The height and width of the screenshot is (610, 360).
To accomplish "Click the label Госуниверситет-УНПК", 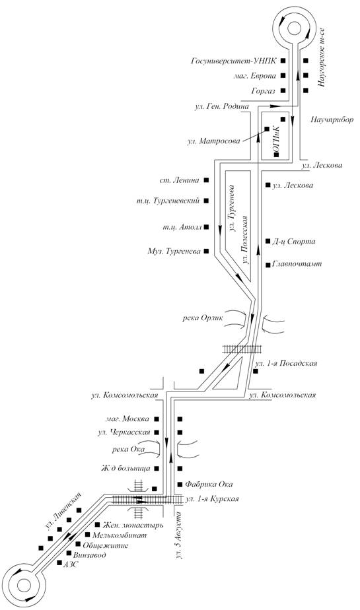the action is point(234,61).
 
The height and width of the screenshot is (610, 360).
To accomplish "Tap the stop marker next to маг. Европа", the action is point(283,75).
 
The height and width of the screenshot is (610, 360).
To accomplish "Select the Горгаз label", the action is point(264,91).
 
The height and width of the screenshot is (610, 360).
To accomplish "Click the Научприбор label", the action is point(332,119).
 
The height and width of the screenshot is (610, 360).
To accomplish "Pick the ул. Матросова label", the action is point(213,141).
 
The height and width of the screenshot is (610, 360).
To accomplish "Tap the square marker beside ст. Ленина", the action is point(207,180).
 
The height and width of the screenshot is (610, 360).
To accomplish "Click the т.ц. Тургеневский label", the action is point(168,201).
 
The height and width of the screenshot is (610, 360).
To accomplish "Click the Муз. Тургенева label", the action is point(174,252).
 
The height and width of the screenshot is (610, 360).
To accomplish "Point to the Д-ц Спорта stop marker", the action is point(268,241).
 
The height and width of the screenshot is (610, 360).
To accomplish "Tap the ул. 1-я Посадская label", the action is point(286,363).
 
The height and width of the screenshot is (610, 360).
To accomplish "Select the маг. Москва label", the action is point(127,419).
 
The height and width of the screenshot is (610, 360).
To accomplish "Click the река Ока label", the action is point(127,450).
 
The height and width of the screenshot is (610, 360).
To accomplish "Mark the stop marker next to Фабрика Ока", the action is point(180,485).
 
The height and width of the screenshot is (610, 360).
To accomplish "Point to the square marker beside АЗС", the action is point(59,562).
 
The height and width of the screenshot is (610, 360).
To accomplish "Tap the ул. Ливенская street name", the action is point(63,511).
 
